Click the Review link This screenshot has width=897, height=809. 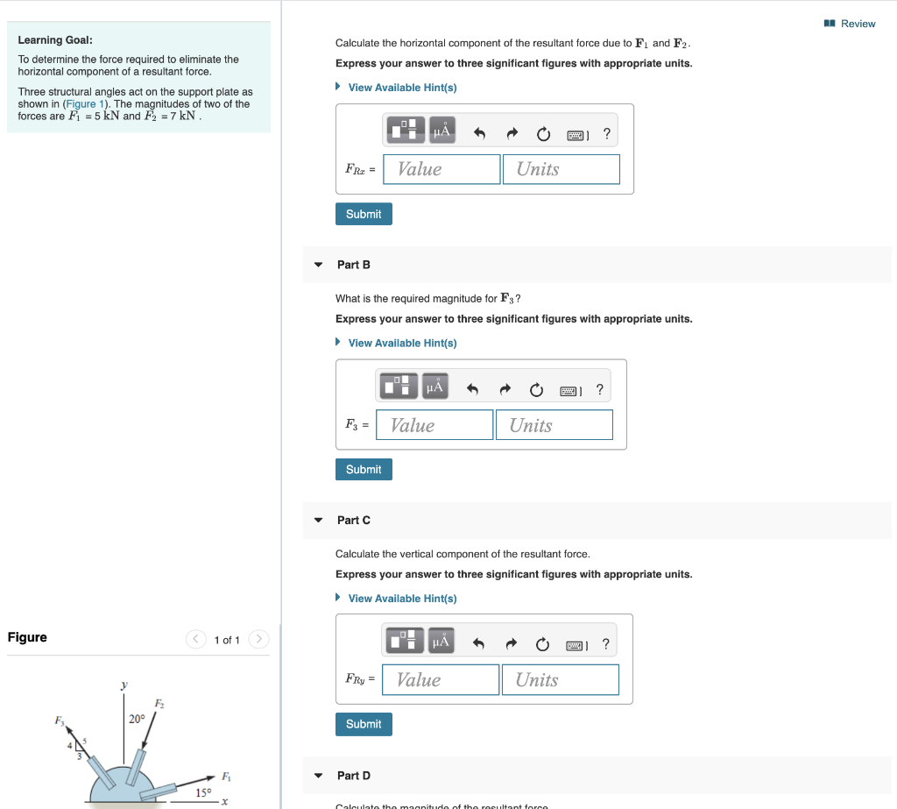pos(857,24)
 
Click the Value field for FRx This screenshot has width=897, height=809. pos(441,169)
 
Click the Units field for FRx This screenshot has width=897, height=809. pos(561,169)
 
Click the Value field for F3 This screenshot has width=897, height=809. pos(434,425)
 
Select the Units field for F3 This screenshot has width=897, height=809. pos(554,425)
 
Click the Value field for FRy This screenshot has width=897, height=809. pos(441,680)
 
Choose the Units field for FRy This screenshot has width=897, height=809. pos(560,680)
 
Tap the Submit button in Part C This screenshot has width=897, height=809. pos(364,724)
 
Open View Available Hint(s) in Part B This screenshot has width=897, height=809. pos(402,343)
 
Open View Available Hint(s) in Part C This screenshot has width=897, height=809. pos(402,599)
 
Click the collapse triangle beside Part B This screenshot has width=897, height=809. pos(319,265)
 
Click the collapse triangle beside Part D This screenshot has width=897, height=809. pos(319,776)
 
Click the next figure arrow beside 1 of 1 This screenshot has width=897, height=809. pos(258,640)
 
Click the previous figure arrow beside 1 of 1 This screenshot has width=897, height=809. pos(196,640)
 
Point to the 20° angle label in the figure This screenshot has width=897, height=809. pos(137,719)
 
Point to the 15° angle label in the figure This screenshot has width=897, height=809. pos(203,792)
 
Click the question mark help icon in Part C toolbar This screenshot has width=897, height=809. pos(605,644)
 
